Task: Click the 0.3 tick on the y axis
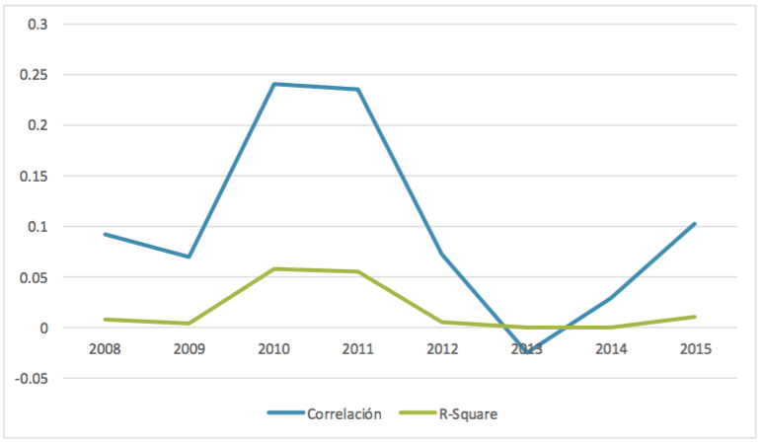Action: pyautogui.click(x=38, y=24)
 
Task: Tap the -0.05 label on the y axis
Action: pyautogui.click(x=32, y=378)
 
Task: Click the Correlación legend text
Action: pyautogui.click(x=343, y=414)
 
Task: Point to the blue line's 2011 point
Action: pyautogui.click(x=357, y=89)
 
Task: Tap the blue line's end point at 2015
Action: pyautogui.click(x=695, y=223)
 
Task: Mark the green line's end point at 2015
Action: pyautogui.click(x=695, y=317)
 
